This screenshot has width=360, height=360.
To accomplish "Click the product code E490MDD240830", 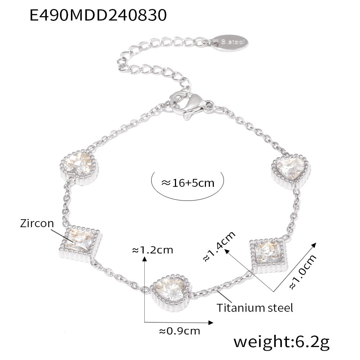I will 98,16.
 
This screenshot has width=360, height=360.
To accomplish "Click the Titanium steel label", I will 255,307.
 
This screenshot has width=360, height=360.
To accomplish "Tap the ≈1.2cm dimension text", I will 153,250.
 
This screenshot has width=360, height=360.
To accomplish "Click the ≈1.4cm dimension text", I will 219,246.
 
